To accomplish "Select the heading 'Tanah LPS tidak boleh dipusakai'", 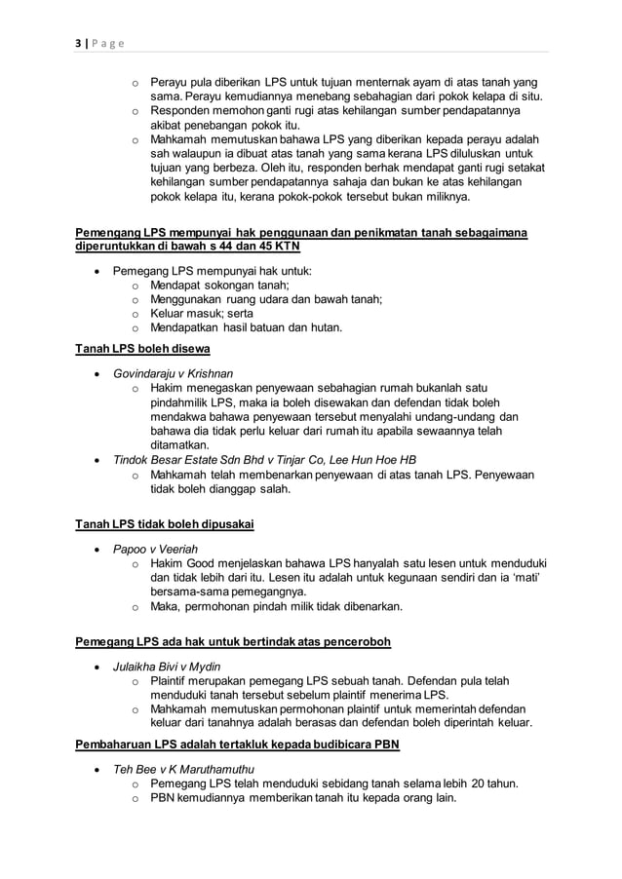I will [165, 525].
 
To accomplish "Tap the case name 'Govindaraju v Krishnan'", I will [174, 373].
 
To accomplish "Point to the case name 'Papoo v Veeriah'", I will [155, 550].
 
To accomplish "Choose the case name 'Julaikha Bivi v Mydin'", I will [167, 667].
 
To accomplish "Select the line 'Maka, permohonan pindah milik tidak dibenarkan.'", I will [276, 606].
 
